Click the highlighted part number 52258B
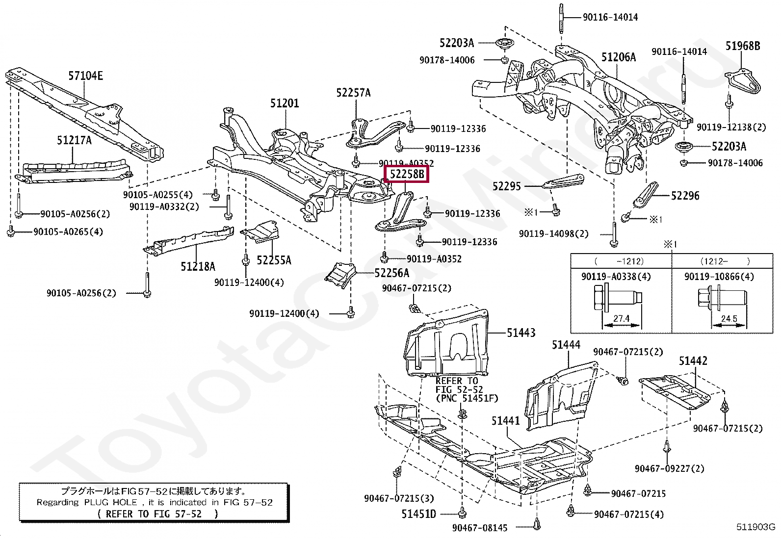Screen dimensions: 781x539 pos(407,174)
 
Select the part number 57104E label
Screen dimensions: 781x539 pos(85,76)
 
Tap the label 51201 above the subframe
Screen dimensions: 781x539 pos(285,103)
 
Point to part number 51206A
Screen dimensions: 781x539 pos(619,57)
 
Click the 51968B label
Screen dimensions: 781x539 pos(743,46)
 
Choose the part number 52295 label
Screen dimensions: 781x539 pos(507,186)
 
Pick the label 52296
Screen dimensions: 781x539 pos(685,196)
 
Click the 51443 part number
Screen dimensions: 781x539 pos(521,333)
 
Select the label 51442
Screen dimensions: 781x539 pos(693,361)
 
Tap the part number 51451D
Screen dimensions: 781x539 pos(419,514)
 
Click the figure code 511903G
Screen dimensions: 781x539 pos(755,527)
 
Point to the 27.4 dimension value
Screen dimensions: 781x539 pos(621,319)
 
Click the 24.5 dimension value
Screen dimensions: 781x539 pos(729,319)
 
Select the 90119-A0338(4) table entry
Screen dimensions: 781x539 pos(616,277)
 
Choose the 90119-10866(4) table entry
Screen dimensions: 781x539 pos(719,277)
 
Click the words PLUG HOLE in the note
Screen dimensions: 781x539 pos(111,502)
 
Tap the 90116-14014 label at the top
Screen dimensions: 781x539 pos(610,17)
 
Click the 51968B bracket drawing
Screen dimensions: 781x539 pos(743,81)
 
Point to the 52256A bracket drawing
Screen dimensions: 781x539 pos(340,275)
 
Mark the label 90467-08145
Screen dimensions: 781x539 pos(479,528)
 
